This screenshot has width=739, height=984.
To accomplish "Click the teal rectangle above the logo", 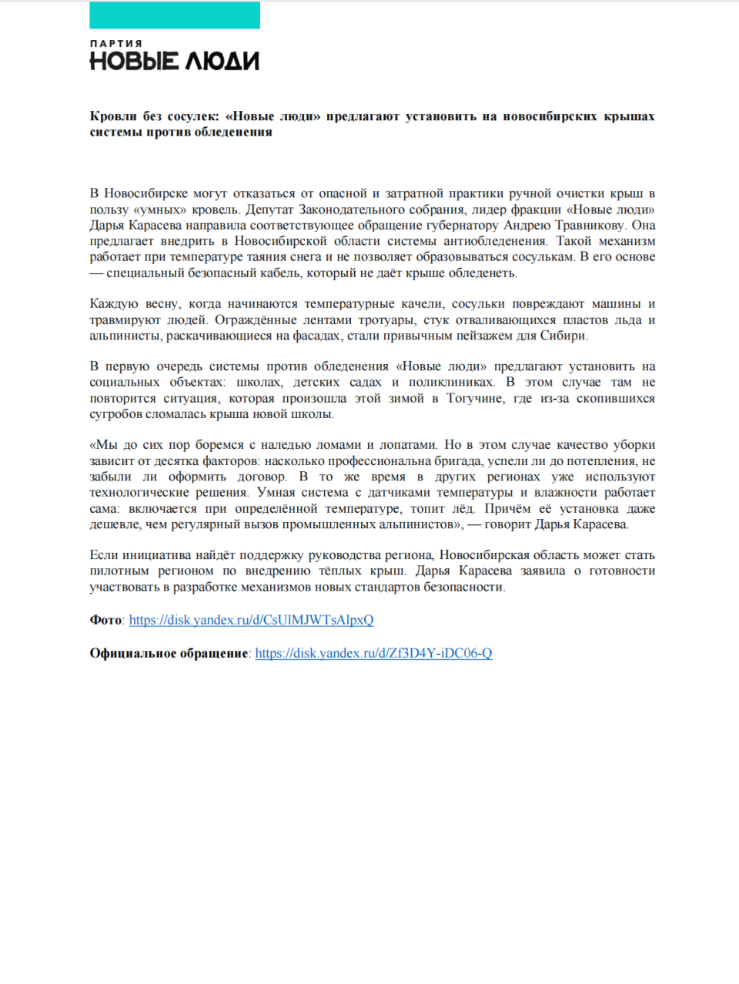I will pos(175,15).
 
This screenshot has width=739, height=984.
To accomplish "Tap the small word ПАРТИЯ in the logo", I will pos(116,44).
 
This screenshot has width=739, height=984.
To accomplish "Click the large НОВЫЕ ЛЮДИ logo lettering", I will pos(175,62).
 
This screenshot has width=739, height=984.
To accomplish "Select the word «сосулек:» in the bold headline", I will pos(193,116).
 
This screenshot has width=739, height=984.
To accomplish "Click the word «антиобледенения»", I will pos(496,241).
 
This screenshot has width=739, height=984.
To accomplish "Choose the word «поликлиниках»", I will pos(451,382).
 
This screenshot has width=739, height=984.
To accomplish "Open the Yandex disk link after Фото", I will pos(251,620).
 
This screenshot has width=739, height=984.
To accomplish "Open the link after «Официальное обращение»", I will pos(373,653).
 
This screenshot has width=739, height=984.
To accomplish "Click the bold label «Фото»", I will pos(105,620).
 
